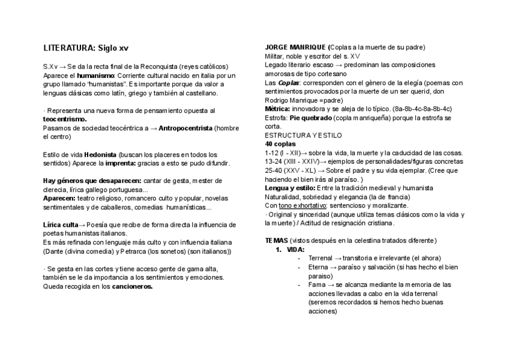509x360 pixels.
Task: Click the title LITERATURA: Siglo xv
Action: click(85, 47)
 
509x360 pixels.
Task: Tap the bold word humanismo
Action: click(95, 76)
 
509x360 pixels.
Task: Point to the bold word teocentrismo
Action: click(65, 119)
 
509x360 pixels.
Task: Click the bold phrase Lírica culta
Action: click(61, 225)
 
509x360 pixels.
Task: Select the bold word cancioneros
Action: click(132, 287)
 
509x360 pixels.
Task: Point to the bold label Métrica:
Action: click(279, 109)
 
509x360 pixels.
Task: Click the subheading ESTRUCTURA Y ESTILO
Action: click(295, 136)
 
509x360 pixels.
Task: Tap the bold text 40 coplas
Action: click(280, 145)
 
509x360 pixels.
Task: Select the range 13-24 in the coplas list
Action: click(274, 162)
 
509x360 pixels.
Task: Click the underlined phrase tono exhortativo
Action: click(302, 206)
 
